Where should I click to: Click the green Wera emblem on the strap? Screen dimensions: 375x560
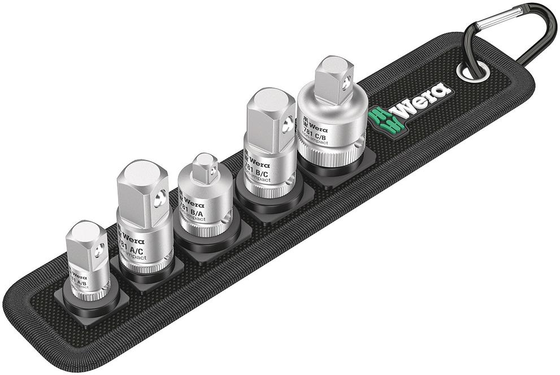379,115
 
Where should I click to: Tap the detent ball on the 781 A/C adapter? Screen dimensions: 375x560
162,198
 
